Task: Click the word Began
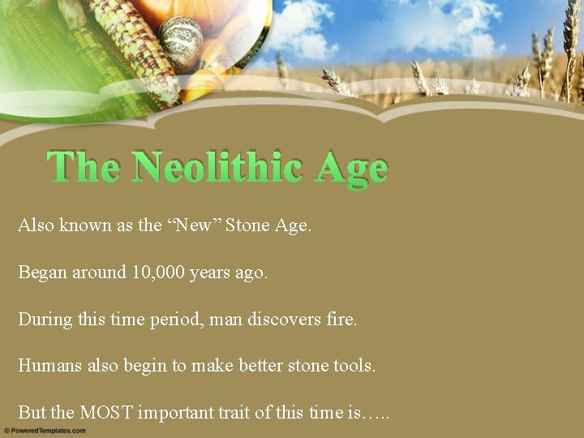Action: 42,272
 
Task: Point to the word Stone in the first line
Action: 248,225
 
